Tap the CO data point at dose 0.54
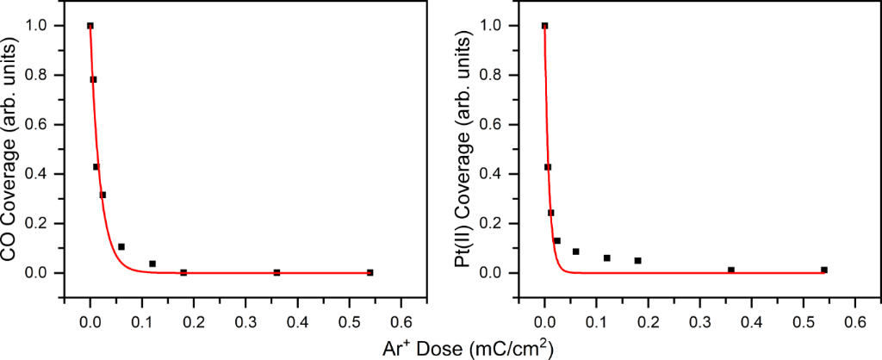[370, 272]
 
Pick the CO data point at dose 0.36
[276, 272]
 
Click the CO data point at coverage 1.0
[90, 26]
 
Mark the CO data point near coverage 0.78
[93, 79]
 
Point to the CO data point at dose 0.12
[152, 264]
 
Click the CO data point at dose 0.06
[121, 247]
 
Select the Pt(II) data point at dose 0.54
[824, 270]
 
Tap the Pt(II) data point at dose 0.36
[730, 270]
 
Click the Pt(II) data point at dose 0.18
[637, 260]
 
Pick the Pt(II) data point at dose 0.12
[606, 258]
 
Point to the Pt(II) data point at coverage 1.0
[544, 26]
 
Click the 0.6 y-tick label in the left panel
[45, 125]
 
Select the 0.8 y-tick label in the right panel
[499, 75]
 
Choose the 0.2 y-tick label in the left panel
[45, 224]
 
